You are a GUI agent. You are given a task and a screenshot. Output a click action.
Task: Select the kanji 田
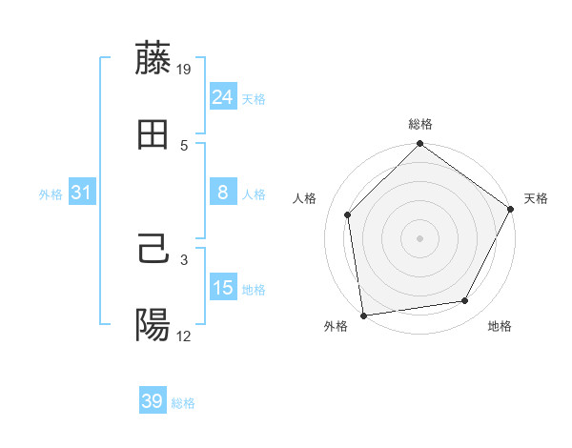point(153,135)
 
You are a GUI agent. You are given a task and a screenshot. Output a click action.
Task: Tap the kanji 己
point(153,249)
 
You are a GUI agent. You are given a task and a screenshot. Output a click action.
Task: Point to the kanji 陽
point(153,325)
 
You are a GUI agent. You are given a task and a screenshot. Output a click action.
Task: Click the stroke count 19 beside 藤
point(184,69)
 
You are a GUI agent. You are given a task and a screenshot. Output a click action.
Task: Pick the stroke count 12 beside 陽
point(184,336)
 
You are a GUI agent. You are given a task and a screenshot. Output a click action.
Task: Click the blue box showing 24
point(223,96)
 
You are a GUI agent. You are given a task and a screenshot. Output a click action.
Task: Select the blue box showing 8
point(223,193)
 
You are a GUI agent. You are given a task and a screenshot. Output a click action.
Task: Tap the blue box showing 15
point(223,288)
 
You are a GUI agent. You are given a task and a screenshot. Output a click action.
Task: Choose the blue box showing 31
point(82,193)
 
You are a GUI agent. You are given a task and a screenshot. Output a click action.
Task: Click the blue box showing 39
point(153,401)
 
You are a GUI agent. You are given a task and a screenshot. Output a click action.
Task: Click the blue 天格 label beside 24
point(254,98)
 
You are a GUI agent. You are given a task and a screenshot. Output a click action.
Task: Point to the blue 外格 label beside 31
point(51,194)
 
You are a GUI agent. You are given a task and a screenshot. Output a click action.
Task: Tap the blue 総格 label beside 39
point(183,403)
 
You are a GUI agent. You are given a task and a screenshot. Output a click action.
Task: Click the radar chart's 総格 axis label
point(419,124)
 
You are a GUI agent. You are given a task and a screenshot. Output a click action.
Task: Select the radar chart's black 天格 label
point(536,198)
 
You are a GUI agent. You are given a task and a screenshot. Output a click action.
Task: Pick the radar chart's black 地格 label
point(500,326)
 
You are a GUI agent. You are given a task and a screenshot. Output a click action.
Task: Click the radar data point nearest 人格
point(348,214)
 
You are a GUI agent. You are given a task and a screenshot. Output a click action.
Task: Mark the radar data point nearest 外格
point(363,315)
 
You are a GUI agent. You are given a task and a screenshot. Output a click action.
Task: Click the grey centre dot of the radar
point(419,237)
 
